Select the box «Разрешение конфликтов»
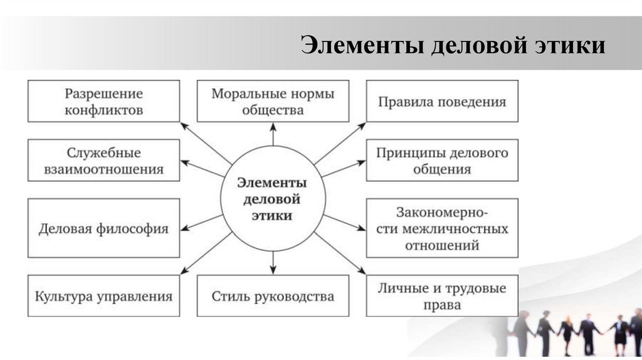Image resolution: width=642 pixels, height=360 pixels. (103, 101)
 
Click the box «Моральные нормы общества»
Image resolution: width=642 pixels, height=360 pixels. (273, 101)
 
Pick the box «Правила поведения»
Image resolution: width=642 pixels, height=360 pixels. (442, 101)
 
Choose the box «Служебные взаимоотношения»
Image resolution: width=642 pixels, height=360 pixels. (103, 161)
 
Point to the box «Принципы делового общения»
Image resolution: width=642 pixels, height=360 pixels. (442, 161)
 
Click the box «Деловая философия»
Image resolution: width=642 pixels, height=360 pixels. (103, 228)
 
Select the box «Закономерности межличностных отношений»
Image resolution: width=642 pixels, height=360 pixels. (442, 228)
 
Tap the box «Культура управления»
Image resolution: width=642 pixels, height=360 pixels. (103, 295)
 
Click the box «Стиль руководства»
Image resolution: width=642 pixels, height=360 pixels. (273, 295)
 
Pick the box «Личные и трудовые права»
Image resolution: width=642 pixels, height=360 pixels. (442, 295)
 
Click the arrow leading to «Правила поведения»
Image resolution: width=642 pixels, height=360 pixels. (339, 144)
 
